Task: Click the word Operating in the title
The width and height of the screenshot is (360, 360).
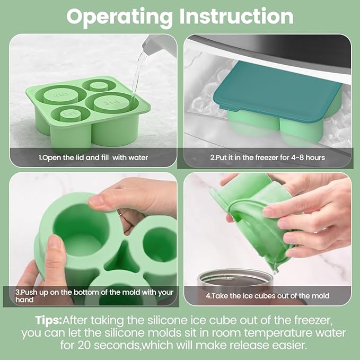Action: [119, 17]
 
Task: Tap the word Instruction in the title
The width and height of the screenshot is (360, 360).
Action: [236, 16]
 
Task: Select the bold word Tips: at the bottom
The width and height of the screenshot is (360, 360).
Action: [48, 320]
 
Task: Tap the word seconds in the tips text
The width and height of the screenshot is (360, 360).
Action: [117, 346]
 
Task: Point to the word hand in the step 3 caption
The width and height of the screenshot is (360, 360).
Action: [24, 300]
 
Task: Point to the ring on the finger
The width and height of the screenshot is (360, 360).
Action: [121, 214]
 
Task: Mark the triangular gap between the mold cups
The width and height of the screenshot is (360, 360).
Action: [123, 258]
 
